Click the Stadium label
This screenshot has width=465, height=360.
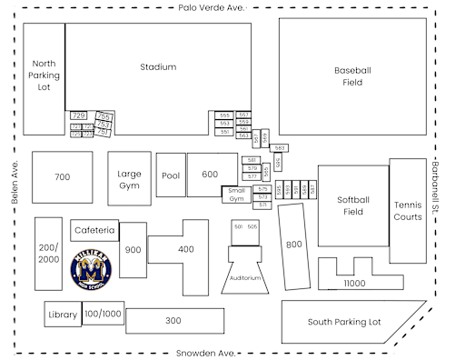pyautogui.click(x=158, y=66)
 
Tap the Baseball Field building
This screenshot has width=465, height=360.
pyautogui.click(x=352, y=76)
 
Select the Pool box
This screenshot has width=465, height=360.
pyautogui.click(x=171, y=175)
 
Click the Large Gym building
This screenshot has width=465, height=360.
pyautogui.click(x=130, y=179)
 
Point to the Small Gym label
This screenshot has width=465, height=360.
pyautogui.click(x=236, y=194)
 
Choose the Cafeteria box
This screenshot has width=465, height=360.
pyautogui.click(x=94, y=230)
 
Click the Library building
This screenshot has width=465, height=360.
pyautogui.click(x=63, y=315)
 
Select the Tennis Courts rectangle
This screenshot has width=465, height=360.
pyautogui.click(x=408, y=211)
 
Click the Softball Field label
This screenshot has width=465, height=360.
pyautogui.click(x=352, y=205)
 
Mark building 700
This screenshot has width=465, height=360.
pyautogui.click(x=62, y=177)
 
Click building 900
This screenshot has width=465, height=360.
pyautogui.click(x=133, y=249)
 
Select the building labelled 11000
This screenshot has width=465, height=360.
pyautogui.click(x=355, y=284)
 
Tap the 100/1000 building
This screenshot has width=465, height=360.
pyautogui.click(x=103, y=314)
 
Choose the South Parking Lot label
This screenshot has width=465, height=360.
pyautogui.click(x=343, y=322)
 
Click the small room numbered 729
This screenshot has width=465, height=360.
pyautogui.click(x=78, y=115)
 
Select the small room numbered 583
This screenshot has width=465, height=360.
pyautogui.click(x=280, y=147)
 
